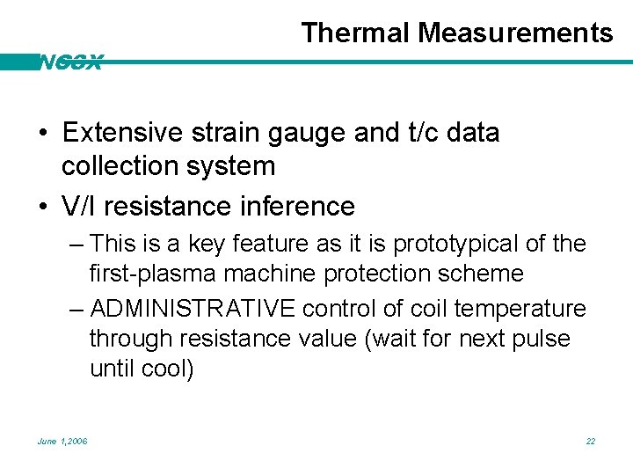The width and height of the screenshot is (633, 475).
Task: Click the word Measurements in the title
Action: coord(515,33)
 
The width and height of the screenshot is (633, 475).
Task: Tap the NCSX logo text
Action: coord(70,62)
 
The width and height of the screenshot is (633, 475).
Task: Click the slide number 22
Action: coord(591,441)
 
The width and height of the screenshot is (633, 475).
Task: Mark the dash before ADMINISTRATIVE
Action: coord(76,309)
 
